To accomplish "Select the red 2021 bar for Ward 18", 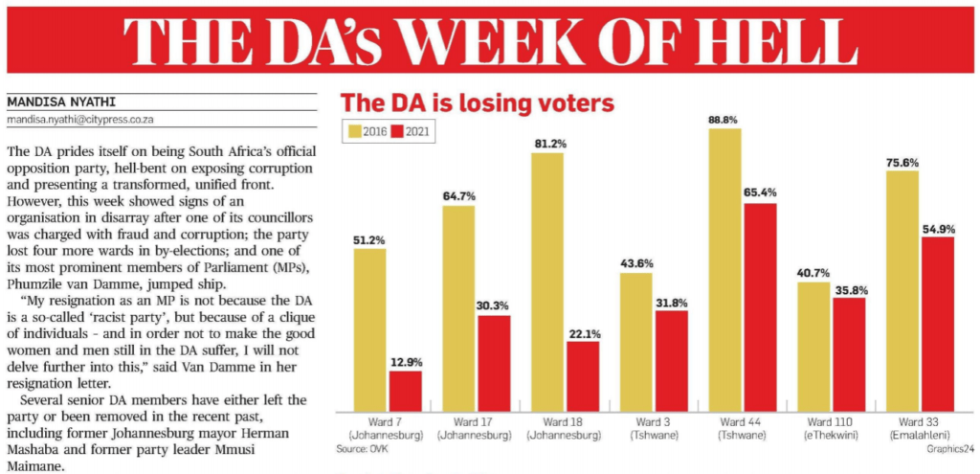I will click(x=583, y=375).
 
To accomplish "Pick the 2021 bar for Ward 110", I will click(x=849, y=354).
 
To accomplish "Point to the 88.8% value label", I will click(x=725, y=119).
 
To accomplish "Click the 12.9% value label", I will click(x=406, y=362).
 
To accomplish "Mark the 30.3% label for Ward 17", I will click(x=494, y=305).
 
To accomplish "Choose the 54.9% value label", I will click(x=939, y=227).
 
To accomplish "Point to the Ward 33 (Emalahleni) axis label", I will click(x=920, y=428).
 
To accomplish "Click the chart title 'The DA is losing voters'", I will click(x=478, y=102).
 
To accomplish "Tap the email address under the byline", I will click(x=80, y=120).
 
